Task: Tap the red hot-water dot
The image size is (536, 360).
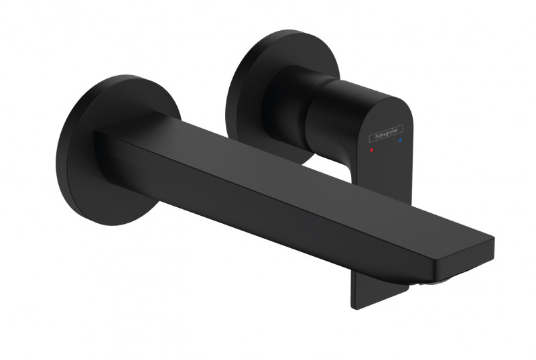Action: [373, 154]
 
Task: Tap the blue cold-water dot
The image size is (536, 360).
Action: [400, 142]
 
